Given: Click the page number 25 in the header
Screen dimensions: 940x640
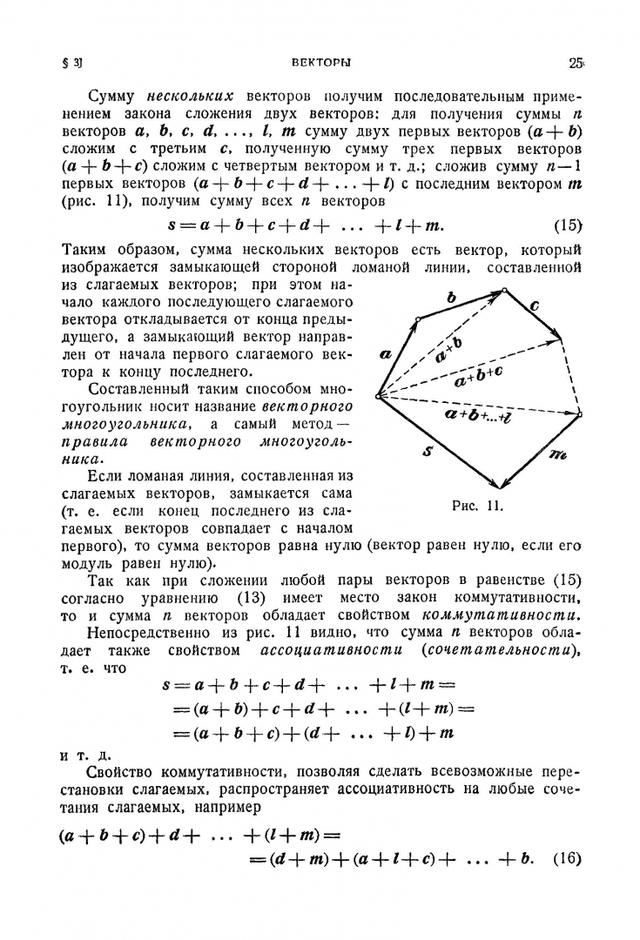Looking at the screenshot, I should tap(575, 63).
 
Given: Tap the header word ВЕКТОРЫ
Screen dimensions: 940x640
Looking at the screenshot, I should tap(320, 63).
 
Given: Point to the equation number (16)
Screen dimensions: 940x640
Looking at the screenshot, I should tap(567, 859).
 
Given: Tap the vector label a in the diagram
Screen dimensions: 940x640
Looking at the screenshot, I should tap(386, 353).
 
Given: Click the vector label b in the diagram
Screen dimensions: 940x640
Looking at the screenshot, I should tap(451, 298).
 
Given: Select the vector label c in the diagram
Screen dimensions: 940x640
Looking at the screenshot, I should tap(534, 305).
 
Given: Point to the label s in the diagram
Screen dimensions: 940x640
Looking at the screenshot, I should tap(428, 453).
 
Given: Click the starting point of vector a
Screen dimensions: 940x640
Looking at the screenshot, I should tap(377, 397).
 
